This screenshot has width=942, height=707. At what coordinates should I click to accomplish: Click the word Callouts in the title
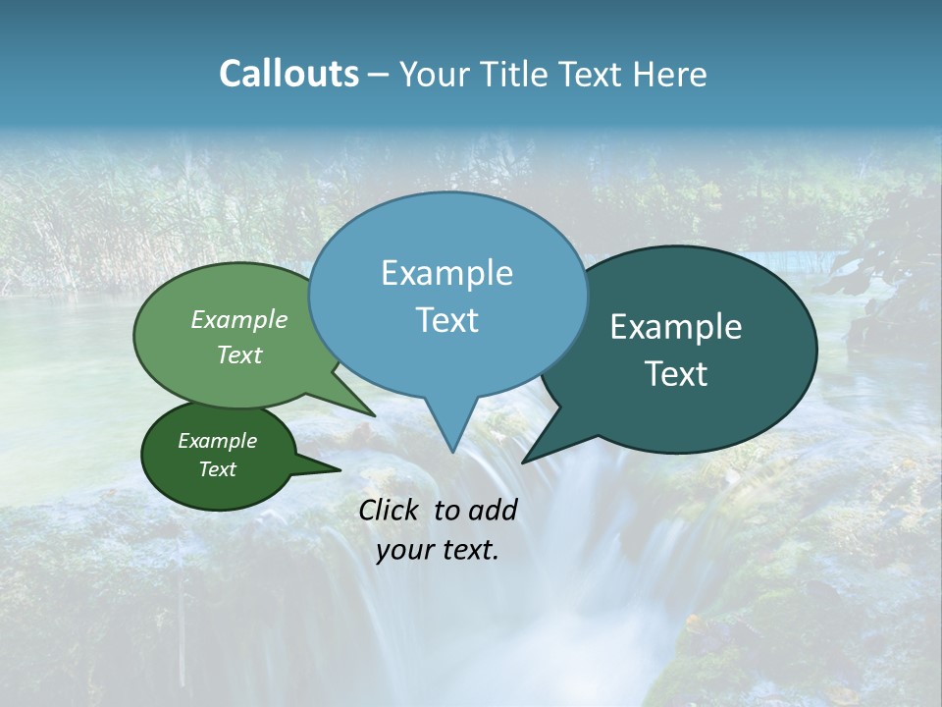288,74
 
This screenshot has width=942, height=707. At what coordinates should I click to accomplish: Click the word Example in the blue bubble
446,273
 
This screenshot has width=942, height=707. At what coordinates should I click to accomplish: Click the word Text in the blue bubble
446,320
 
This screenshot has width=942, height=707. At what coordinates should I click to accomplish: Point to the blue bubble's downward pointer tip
452,452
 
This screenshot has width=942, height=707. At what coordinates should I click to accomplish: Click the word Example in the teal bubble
676,327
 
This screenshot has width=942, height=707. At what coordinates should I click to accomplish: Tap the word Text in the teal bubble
676,374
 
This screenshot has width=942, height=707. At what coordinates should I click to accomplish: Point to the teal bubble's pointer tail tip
523,462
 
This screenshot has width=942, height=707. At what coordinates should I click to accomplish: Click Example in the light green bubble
239,319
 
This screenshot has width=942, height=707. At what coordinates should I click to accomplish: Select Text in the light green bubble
239,354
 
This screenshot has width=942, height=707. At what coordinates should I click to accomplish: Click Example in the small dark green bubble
217,441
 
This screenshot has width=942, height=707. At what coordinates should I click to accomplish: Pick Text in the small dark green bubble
217,469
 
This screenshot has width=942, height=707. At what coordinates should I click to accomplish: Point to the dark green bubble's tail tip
340,470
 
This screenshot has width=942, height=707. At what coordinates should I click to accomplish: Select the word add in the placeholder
494,510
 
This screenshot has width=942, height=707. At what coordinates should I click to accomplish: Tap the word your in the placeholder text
403,550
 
